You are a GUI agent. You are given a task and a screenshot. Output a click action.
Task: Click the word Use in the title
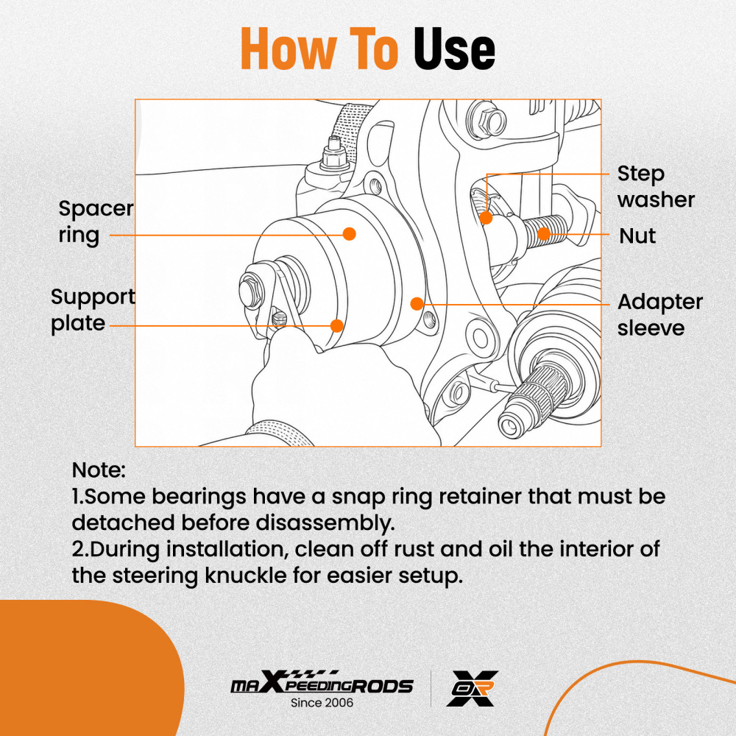pos(454,49)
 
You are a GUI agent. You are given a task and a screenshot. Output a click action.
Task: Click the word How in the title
pos(289,49)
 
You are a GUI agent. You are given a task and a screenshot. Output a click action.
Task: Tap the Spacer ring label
pos(96,222)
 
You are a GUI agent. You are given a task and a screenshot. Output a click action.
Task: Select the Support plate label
pos(93,310)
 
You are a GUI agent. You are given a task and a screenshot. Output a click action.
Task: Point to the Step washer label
pos(656,186)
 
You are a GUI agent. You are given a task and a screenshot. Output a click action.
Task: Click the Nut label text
pos(637,236)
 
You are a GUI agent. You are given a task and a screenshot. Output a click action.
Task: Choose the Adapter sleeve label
pos(660,314)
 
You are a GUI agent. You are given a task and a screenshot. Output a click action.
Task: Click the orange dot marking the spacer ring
pos(349,234)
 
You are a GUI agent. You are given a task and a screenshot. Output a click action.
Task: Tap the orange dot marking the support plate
pos(336,326)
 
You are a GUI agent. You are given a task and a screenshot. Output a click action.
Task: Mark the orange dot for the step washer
pos(486,218)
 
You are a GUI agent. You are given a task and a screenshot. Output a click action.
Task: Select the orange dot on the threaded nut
pos(544,234)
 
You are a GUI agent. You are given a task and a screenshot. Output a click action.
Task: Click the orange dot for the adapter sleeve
pos(417,304)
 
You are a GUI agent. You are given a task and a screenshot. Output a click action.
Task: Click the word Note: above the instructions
pos(99,470)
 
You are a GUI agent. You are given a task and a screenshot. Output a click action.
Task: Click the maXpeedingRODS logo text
pos(322,684)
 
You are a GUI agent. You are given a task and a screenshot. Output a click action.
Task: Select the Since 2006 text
pos(322,703)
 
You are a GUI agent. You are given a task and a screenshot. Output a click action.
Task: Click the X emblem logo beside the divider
pos(473,688)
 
